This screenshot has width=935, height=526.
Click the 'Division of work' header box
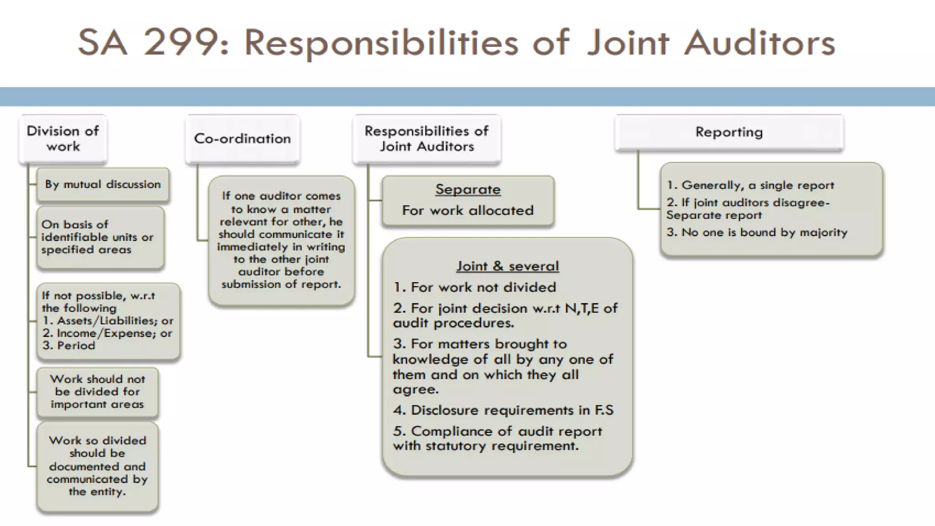point(63,139)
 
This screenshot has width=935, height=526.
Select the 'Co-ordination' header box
point(242,138)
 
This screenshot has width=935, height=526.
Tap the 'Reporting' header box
point(729,132)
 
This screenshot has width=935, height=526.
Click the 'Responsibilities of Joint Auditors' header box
point(426,139)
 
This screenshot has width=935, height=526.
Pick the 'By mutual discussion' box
point(103,184)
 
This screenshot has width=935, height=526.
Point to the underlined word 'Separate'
point(468,189)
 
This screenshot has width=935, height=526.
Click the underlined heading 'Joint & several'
point(508,266)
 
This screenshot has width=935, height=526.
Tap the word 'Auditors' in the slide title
point(759,42)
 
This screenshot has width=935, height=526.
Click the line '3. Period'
point(69,346)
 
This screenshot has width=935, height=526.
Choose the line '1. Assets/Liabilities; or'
point(108,321)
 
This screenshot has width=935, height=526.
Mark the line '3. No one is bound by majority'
point(756,232)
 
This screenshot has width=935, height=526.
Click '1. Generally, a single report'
point(750,185)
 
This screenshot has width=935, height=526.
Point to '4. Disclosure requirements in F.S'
point(503,410)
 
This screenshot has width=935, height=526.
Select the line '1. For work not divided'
point(475,287)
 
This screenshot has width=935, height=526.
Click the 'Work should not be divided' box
point(97,392)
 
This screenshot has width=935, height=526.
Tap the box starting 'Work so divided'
point(97,466)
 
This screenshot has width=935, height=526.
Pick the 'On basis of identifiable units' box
point(100,237)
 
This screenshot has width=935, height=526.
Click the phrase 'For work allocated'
point(468,210)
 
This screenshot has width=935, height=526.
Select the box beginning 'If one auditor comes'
point(281,240)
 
